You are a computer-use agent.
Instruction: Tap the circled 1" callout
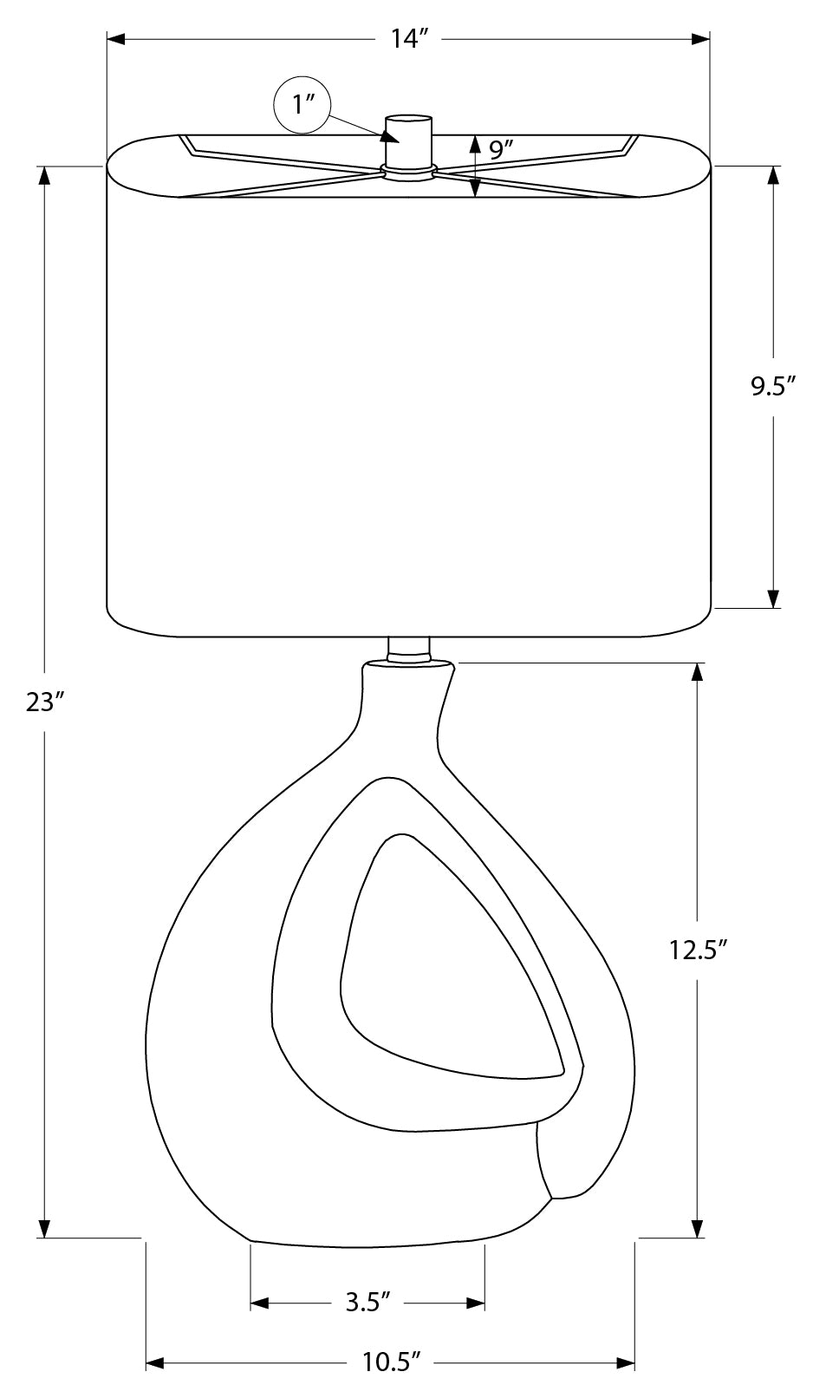[302, 105]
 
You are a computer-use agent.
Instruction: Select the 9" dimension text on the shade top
[501, 150]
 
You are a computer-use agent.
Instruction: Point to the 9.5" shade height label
[774, 387]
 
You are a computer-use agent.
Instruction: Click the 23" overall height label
[45, 703]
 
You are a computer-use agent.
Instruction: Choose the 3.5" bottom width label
[368, 1302]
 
